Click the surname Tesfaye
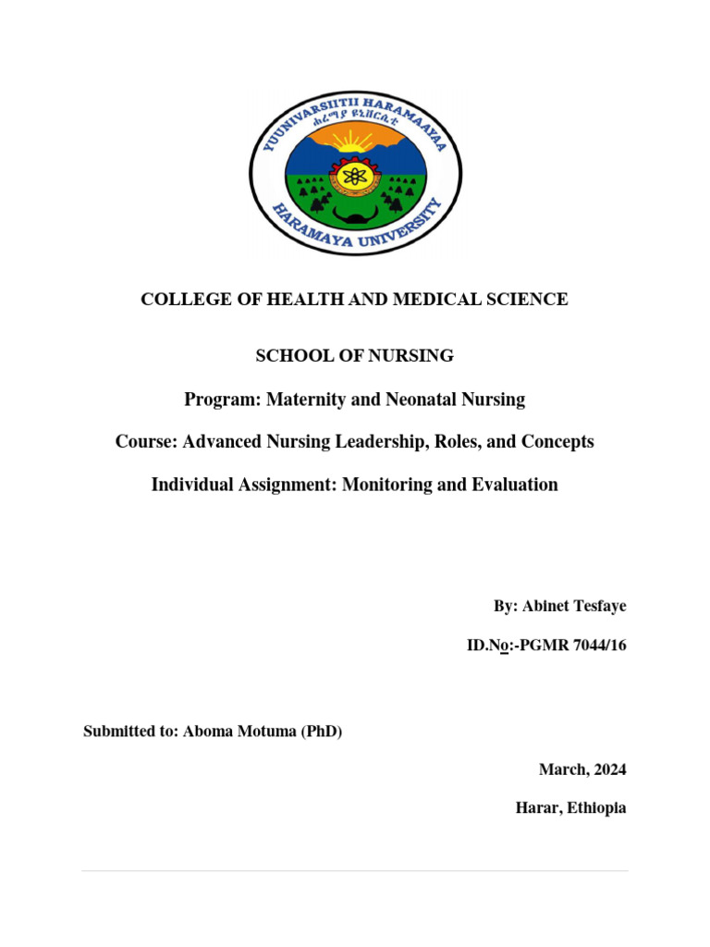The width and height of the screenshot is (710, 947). click(594, 606)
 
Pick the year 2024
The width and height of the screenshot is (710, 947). click(606, 769)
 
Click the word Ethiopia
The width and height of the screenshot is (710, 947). click(596, 807)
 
